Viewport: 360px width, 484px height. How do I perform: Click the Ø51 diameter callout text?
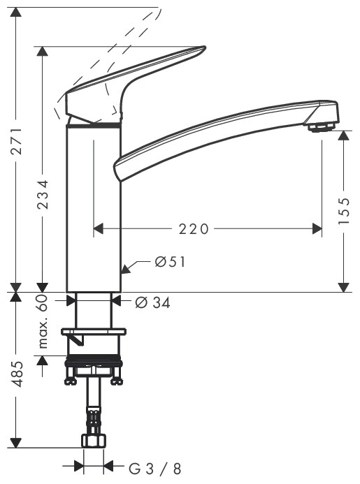169,263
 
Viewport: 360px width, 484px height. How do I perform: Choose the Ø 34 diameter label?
152,302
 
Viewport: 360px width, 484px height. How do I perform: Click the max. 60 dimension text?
43,322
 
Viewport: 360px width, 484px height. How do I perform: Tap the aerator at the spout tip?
321,127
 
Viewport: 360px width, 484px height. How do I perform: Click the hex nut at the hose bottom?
93,442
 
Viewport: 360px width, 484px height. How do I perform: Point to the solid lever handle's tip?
203,49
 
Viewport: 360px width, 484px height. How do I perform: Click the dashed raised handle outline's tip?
158,11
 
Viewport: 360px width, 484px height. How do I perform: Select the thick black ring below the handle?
94,126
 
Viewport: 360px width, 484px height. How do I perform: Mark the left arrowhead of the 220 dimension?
99,229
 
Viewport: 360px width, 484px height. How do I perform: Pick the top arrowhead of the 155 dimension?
343,135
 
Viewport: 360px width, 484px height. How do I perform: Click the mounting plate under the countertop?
93,331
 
